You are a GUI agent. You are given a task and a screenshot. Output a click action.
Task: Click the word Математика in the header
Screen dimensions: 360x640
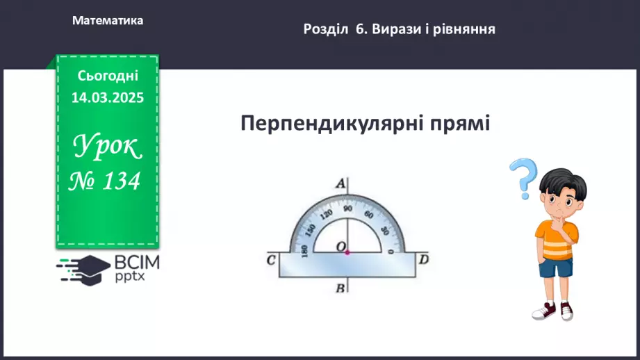pyautogui.click(x=108, y=21)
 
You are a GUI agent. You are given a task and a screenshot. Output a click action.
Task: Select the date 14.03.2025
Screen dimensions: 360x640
pyautogui.click(x=108, y=98)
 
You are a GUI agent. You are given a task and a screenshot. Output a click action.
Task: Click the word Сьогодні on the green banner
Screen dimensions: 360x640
pyautogui.click(x=108, y=76)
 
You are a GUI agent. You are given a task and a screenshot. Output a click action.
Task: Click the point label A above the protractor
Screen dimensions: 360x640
pyautogui.click(x=340, y=184)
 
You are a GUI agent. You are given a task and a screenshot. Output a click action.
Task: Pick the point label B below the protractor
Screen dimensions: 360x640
pyautogui.click(x=340, y=288)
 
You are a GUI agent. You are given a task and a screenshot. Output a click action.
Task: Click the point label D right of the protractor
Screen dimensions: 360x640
pyautogui.click(x=423, y=260)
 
